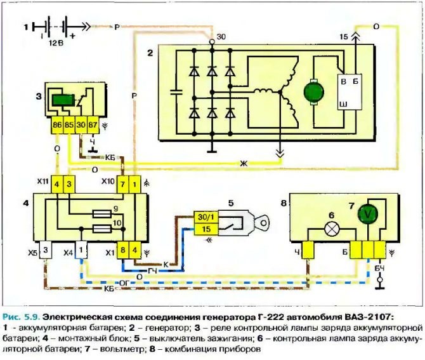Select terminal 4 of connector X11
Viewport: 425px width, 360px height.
click(56, 184)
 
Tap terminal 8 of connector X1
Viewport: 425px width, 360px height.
click(123, 250)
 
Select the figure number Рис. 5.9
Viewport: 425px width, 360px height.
click(23, 315)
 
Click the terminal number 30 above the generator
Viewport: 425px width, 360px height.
click(221, 37)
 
